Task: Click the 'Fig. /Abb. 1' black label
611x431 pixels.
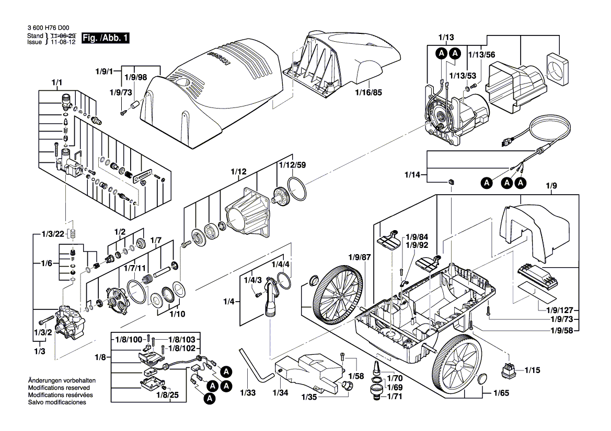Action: (106, 38)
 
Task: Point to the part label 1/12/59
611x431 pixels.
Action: (292, 165)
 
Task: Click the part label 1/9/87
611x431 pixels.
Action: (360, 257)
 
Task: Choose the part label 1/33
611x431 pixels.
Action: (248, 392)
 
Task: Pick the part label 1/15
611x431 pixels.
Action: (532, 370)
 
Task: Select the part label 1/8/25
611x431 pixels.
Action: (168, 396)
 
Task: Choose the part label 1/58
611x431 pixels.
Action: (357, 376)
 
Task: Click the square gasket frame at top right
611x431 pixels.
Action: (557, 69)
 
